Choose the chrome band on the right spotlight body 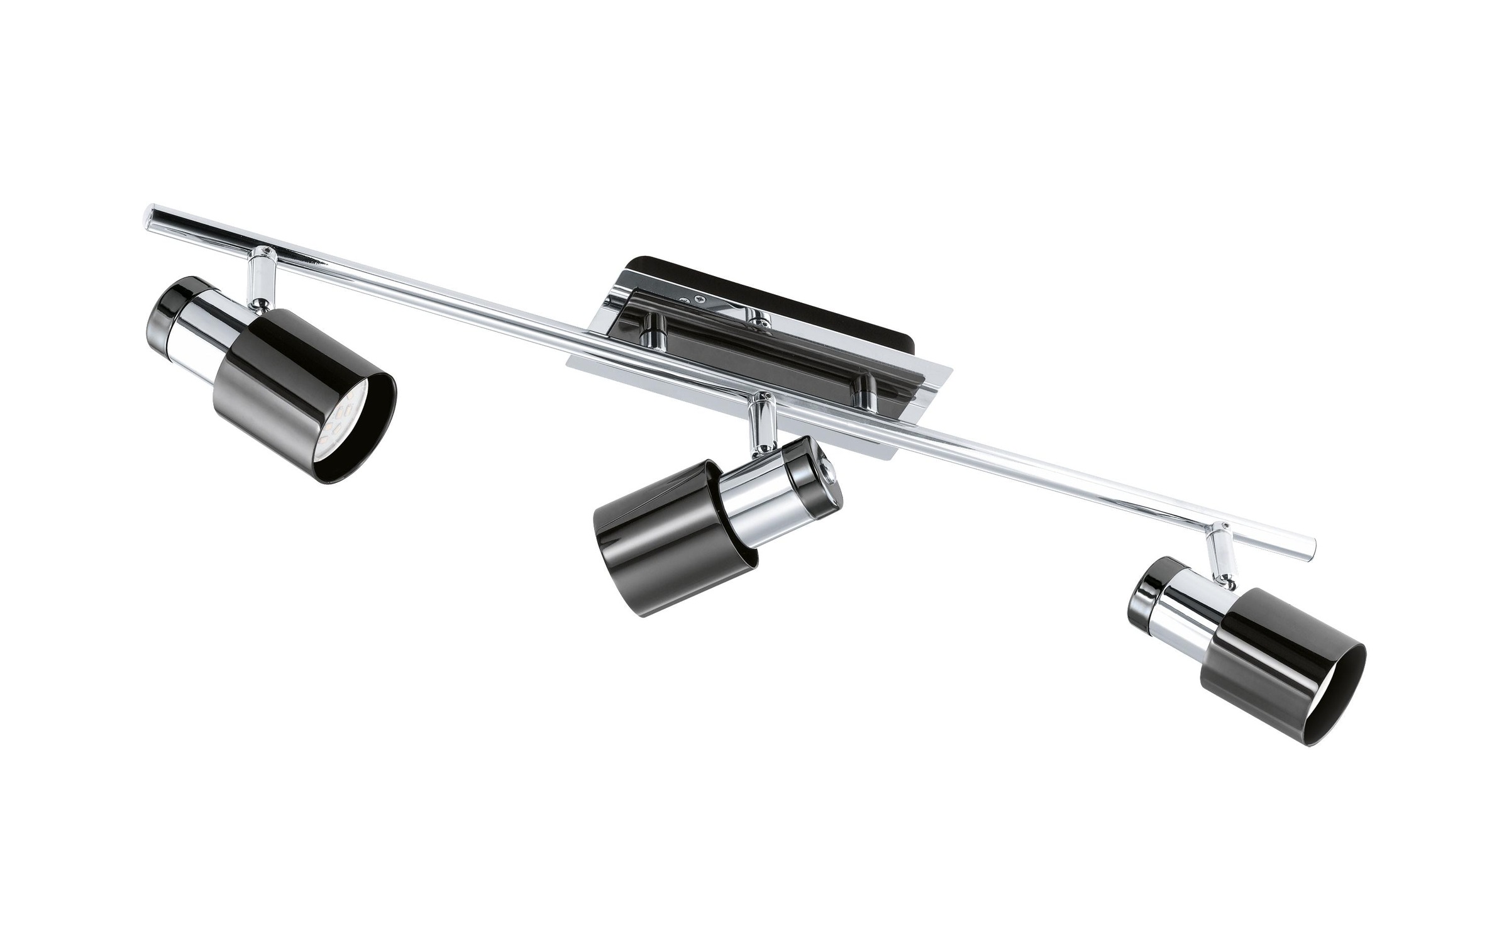pyautogui.click(x=1188, y=622)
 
